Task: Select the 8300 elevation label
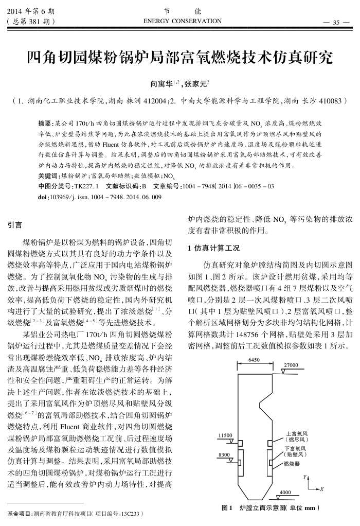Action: point(224,454)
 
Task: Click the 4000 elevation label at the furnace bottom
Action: point(284,493)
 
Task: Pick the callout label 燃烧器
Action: point(292,464)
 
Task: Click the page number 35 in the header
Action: point(337,22)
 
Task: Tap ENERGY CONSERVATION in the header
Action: point(183,21)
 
